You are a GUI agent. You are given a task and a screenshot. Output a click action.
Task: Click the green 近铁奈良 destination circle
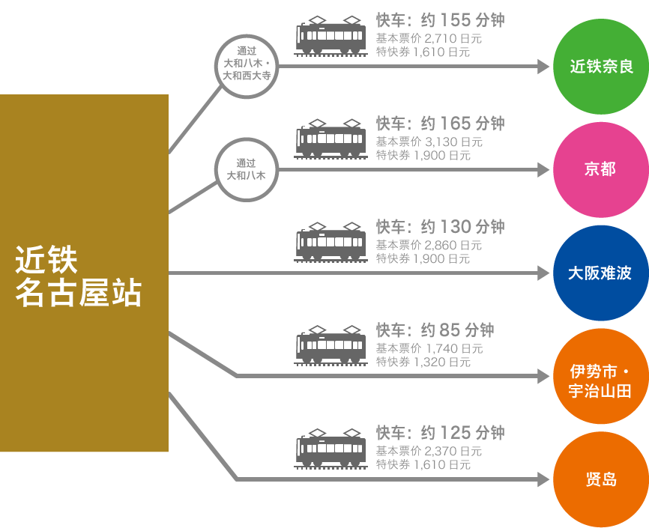coord(600,67)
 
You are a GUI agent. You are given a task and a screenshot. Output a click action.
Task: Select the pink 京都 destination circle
coord(600,170)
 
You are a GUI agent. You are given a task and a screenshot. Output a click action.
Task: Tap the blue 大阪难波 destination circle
coord(600,273)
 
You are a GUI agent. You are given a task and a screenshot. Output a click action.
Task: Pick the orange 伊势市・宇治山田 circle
coord(600,381)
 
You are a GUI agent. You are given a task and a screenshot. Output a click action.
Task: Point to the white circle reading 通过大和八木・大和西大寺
coord(247,65)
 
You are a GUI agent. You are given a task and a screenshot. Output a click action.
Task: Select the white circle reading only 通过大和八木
coord(247,169)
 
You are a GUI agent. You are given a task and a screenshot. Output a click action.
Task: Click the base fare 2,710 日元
coord(453,38)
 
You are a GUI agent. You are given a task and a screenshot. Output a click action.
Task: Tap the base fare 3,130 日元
coord(453,142)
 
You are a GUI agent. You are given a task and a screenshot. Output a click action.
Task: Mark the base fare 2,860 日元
coord(453,245)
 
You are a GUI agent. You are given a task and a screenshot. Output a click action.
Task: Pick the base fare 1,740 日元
coord(454,348)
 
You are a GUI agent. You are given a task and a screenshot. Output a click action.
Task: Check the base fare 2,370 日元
coord(453,451)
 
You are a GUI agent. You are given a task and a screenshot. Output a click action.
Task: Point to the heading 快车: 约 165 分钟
coord(440,123)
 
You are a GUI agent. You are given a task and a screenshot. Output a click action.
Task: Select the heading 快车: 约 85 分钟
coord(435,330)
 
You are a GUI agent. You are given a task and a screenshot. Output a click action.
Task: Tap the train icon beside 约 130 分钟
coord(330,241)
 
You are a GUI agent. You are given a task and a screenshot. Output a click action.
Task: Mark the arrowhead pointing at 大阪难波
coord(544,273)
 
